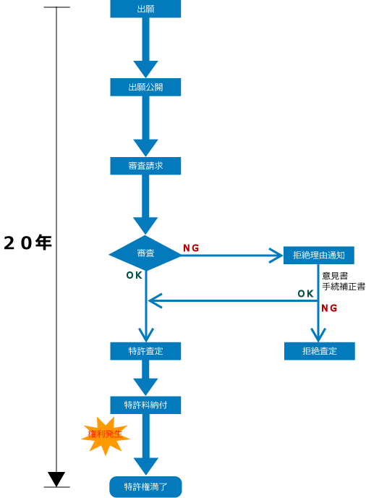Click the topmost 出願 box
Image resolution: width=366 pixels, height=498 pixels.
pyautogui.click(x=145, y=9)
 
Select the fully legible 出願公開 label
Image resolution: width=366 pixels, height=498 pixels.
pyautogui.click(x=145, y=87)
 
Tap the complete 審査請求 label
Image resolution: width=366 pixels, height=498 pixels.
pyautogui.click(x=145, y=166)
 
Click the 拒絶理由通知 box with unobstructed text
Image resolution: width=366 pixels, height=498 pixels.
pyautogui.click(x=318, y=255)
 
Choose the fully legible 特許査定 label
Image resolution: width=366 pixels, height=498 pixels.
pyautogui.click(x=145, y=351)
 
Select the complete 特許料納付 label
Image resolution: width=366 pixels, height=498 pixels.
pyautogui.click(x=145, y=405)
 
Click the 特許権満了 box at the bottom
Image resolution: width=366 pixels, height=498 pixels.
pyautogui.click(x=145, y=487)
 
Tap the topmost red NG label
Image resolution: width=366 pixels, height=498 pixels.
pyautogui.click(x=191, y=248)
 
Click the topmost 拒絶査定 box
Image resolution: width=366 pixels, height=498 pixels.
pyautogui.click(x=319, y=351)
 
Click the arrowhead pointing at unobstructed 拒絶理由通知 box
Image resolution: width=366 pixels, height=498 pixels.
pyautogui.click(x=275, y=255)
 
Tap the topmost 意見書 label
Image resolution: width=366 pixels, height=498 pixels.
pyautogui.click(x=335, y=276)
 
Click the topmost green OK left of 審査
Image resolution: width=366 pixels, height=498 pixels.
pyautogui.click(x=134, y=276)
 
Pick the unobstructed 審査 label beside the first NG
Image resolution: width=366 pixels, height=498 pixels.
pyautogui.click(x=145, y=253)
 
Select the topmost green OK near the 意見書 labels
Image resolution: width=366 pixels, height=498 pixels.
pyautogui.click(x=306, y=293)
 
